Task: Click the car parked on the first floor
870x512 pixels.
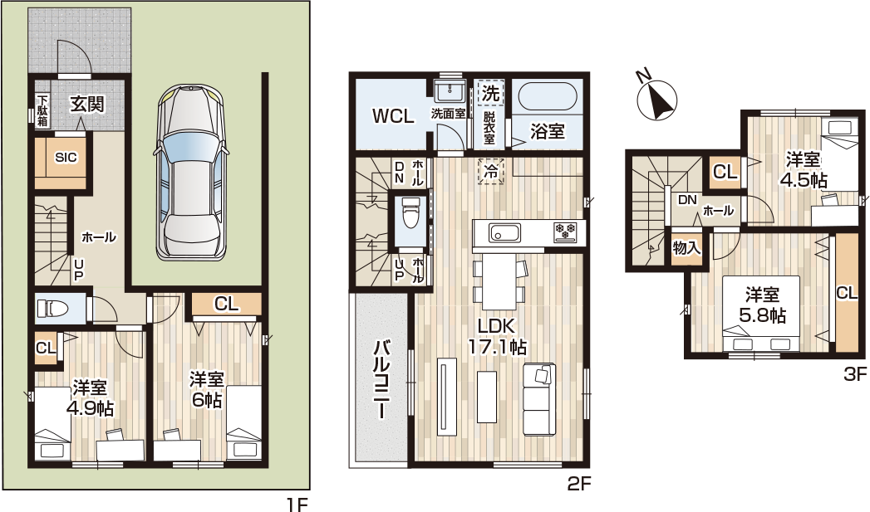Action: [191, 173]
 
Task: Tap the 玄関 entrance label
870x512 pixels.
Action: [87, 104]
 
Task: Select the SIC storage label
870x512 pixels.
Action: [66, 158]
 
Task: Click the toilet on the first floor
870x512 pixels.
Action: [52, 308]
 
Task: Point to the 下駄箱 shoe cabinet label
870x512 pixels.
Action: [42, 111]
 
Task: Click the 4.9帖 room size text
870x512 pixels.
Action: [90, 409]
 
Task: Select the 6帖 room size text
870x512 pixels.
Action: [206, 399]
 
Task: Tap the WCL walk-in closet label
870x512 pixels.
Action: [393, 116]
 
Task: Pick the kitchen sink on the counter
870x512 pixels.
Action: [504, 232]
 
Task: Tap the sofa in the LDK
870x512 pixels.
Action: [538, 400]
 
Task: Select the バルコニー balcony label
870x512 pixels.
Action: [381, 380]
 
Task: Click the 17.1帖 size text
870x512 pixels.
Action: [497, 347]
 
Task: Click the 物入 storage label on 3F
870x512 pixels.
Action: [686, 247]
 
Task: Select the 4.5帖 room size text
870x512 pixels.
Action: [804, 180]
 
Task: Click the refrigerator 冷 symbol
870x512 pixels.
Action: [491, 171]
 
